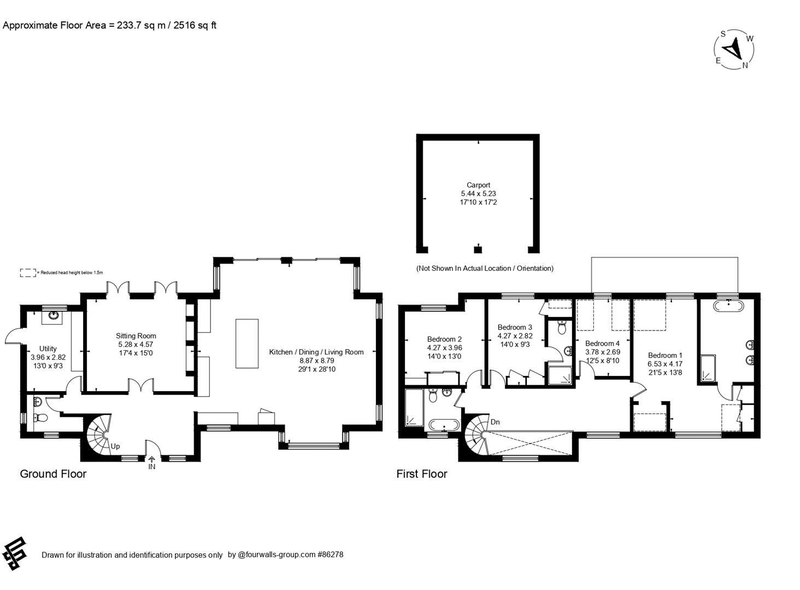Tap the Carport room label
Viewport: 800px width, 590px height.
pos(478,185)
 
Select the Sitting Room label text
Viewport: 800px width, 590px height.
pos(136,336)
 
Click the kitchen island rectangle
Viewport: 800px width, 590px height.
pos(247,344)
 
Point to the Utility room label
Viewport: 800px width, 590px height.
pos(48,349)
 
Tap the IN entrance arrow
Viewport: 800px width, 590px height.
pos(152,460)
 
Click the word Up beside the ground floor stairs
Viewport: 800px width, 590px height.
pos(115,446)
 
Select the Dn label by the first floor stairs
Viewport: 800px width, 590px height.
pos(495,422)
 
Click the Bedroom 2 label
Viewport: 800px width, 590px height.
pos(444,339)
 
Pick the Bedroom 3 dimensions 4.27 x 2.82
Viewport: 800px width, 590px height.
pos(515,336)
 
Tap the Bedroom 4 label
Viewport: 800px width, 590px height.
pos(602,344)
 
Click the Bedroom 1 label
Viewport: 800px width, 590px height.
pos(665,355)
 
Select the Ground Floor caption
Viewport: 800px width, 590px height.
pos(53,474)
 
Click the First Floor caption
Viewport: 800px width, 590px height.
pos(422,474)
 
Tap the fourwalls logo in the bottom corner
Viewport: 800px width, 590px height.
pos(14,553)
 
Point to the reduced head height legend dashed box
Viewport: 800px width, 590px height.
pos(28,273)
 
